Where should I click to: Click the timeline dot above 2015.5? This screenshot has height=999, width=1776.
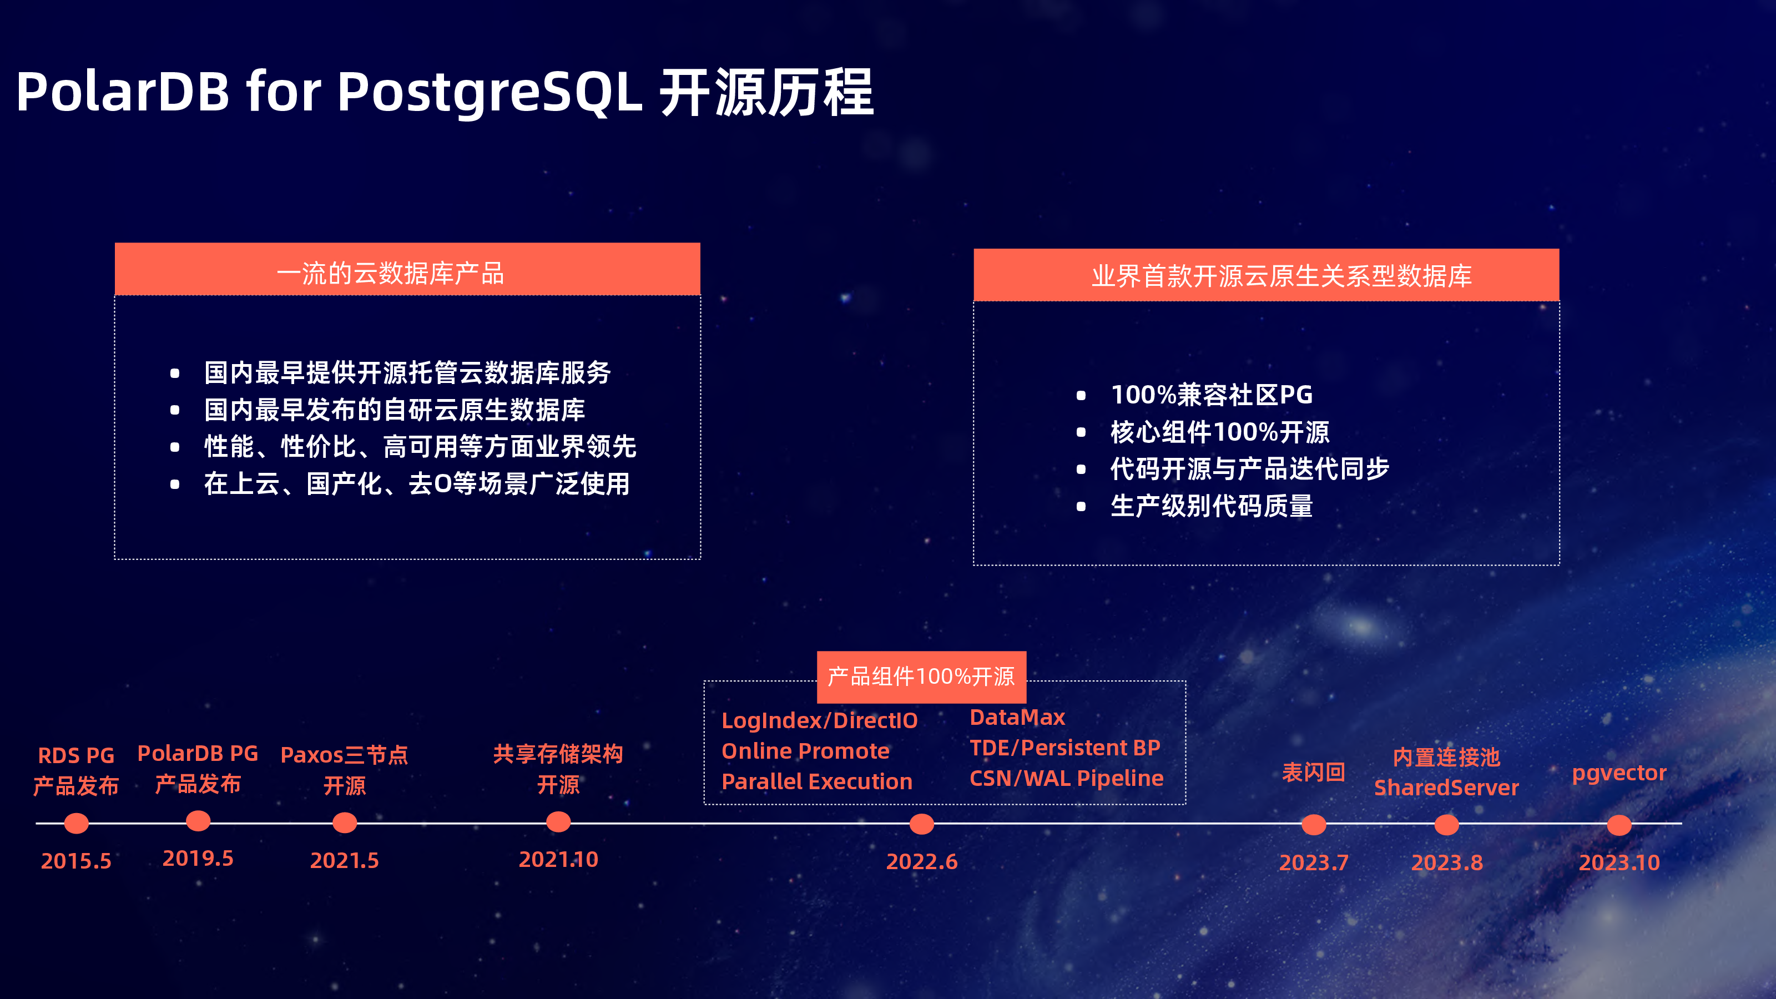pyautogui.click(x=77, y=823)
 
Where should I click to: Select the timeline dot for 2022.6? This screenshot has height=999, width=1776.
pyautogui.click(x=922, y=823)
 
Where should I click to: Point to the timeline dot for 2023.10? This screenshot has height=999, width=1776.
pyautogui.click(x=1619, y=825)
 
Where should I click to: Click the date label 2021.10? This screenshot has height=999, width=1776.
pyautogui.click(x=558, y=859)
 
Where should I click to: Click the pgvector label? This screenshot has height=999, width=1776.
pyautogui.click(x=1619, y=773)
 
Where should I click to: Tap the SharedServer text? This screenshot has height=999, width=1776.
pyautogui.click(x=1446, y=788)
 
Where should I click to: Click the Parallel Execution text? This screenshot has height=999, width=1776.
pyautogui.click(x=816, y=781)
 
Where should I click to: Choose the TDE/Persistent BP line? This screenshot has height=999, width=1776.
pyautogui.click(x=1064, y=748)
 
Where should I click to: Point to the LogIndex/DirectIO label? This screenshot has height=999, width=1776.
pyautogui.click(x=819, y=720)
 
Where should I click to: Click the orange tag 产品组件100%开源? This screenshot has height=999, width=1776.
pyautogui.click(x=921, y=677)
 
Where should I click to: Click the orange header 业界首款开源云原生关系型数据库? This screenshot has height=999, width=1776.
pyautogui.click(x=1266, y=275)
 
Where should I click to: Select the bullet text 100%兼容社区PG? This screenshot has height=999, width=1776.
pyautogui.click(x=1212, y=395)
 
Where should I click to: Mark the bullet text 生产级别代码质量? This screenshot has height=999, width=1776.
pyautogui.click(x=1212, y=506)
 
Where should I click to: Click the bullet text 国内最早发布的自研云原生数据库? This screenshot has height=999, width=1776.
pyautogui.click(x=395, y=410)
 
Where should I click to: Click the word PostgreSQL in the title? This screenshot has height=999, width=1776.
pyautogui.click(x=490, y=92)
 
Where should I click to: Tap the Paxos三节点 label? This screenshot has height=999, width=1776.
pyautogui.click(x=344, y=755)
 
